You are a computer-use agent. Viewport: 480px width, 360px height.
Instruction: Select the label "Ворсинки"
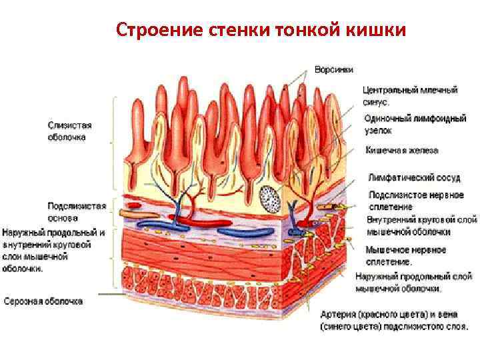pyautogui.click(x=334, y=69)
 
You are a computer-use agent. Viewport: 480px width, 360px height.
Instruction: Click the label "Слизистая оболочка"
pyautogui.click(x=69, y=131)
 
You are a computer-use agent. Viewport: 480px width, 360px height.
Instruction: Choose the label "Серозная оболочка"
pyautogui.click(x=43, y=301)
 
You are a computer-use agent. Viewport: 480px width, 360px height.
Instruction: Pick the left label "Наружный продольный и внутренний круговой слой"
pyautogui.click(x=53, y=251)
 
